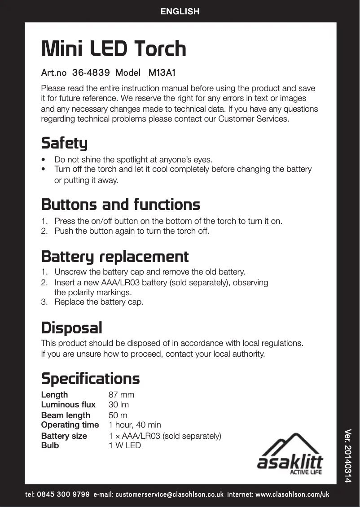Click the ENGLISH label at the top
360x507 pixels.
[x=180, y=12]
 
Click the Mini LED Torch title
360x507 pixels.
[x=114, y=49]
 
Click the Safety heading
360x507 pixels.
[x=64, y=144]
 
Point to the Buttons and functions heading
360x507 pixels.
[x=120, y=205]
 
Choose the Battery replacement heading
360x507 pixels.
[x=115, y=257]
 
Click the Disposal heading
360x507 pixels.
[x=71, y=328]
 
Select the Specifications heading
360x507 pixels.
[x=90, y=379]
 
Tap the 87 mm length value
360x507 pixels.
[x=121, y=395]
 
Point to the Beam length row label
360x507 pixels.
[x=66, y=415]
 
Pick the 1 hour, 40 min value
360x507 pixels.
[x=135, y=425]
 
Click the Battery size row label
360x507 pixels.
[x=64, y=436]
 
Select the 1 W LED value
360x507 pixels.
[x=125, y=446]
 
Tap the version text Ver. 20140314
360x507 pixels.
[x=347, y=455]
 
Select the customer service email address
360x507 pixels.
[x=169, y=495]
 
